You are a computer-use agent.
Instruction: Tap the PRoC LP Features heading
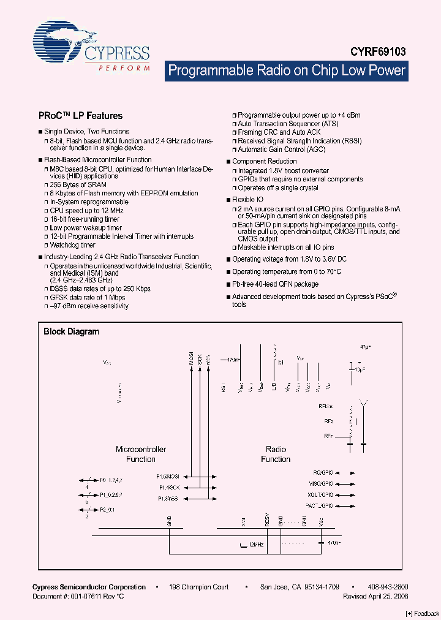(80, 115)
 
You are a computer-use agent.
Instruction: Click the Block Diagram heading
(71, 331)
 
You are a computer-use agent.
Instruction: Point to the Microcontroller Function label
(141, 454)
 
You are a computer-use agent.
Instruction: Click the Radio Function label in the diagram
(276, 454)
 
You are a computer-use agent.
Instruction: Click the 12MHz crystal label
(255, 544)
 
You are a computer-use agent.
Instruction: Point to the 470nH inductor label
(233, 360)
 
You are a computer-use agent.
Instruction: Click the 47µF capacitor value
(366, 347)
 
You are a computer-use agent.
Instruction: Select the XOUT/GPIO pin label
(320, 494)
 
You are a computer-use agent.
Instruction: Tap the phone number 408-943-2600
(388, 587)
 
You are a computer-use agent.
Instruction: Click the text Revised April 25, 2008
(375, 596)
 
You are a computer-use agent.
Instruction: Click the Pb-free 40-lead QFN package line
(275, 284)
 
